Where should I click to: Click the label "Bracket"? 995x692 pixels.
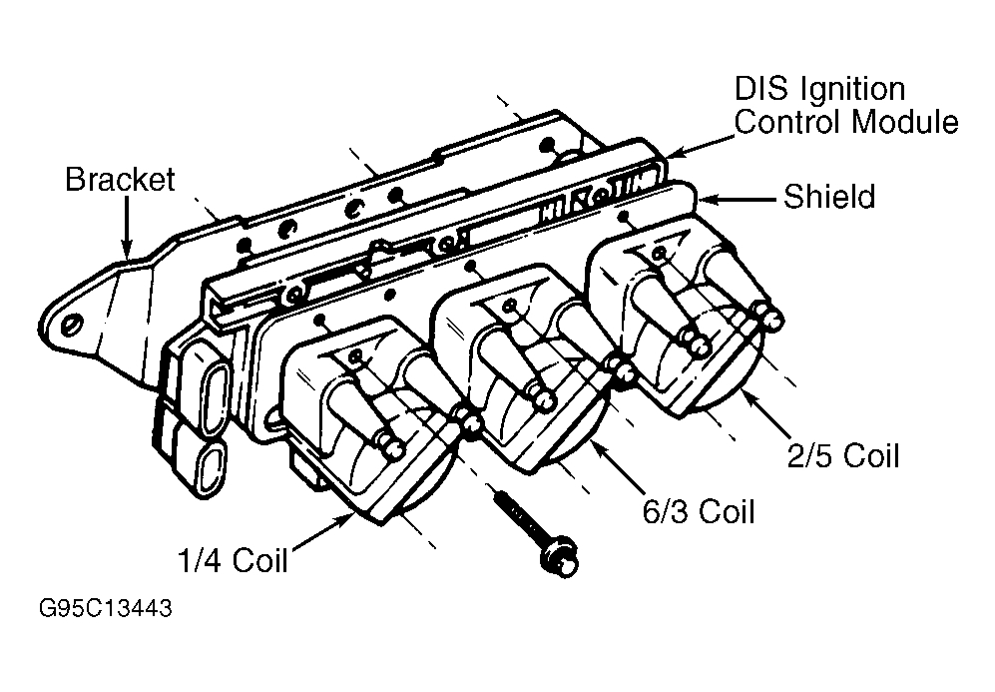coord(119,180)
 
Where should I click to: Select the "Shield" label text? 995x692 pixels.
coord(828,197)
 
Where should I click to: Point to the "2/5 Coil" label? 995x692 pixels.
coord(843,455)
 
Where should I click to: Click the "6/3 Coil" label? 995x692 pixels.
coord(698,511)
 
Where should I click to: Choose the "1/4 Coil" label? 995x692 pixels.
coord(233,560)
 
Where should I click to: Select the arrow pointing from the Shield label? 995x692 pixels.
coord(739,199)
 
